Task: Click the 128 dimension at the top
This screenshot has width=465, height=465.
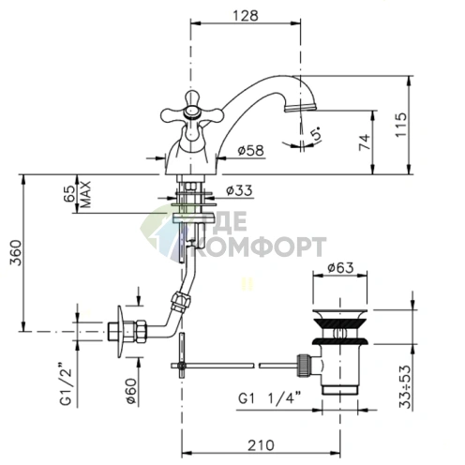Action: click(246, 16)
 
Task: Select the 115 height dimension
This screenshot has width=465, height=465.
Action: click(401, 125)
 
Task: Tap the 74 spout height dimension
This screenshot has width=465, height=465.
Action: click(365, 142)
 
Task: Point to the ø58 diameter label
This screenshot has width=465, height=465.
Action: click(250, 150)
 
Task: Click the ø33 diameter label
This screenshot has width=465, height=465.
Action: click(239, 190)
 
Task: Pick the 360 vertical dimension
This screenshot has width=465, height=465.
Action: click(16, 252)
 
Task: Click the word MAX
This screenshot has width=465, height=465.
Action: click(85, 194)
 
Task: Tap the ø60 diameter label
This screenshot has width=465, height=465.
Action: click(132, 391)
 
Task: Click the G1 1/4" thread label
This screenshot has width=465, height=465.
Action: click(269, 398)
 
